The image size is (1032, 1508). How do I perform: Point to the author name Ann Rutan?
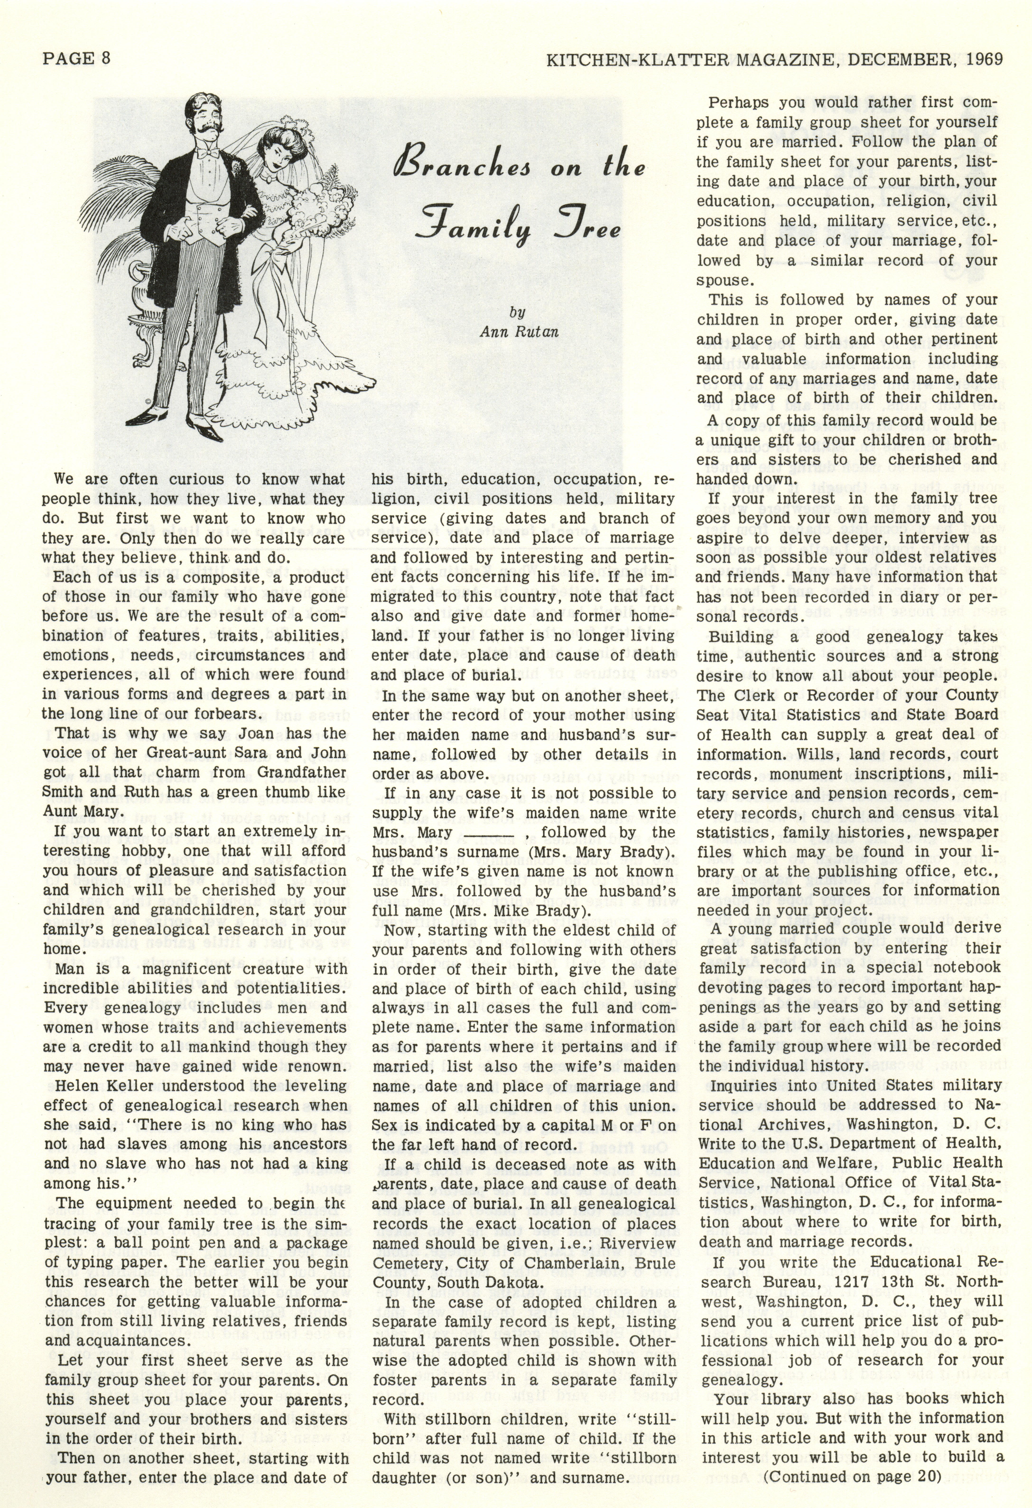click(519, 332)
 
